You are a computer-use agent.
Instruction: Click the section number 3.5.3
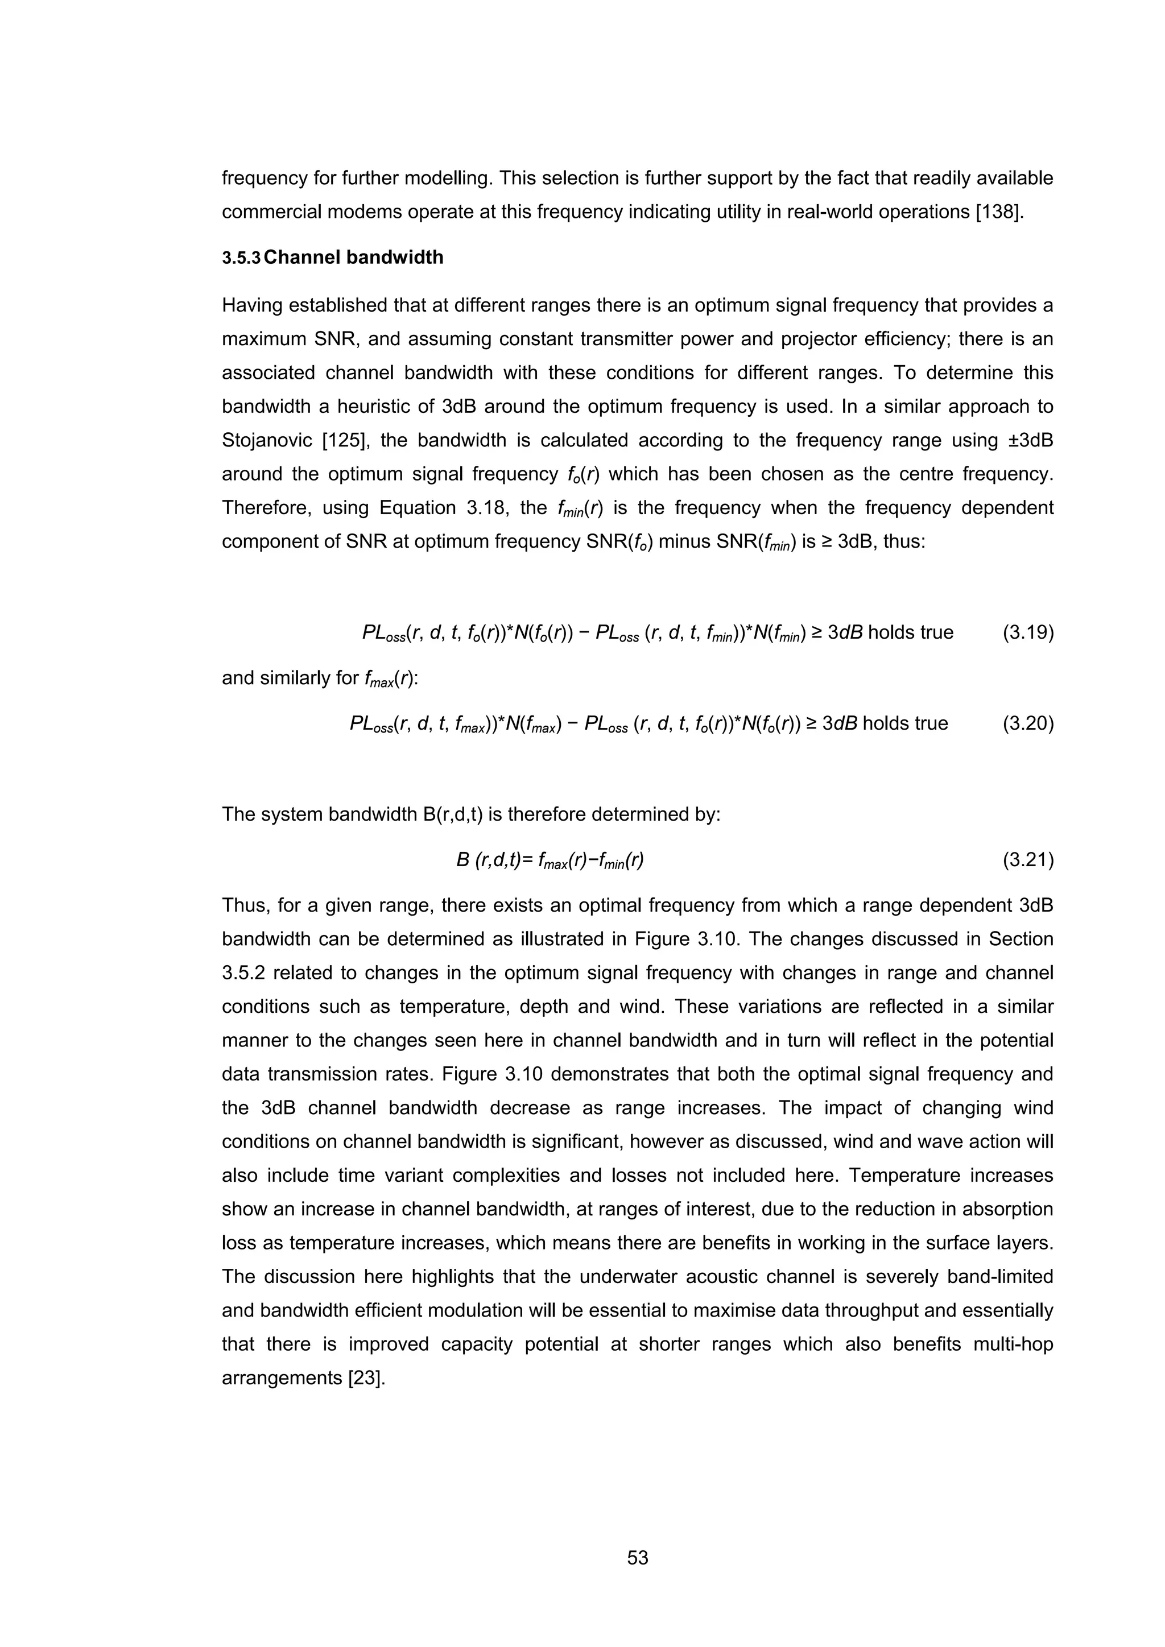point(241,258)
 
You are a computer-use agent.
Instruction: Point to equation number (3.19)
point(1027,632)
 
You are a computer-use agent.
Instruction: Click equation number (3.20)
point(1027,723)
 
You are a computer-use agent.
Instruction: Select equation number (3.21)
point(1027,859)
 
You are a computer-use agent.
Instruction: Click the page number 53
point(637,1558)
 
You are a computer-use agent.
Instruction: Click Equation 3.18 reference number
point(486,508)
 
